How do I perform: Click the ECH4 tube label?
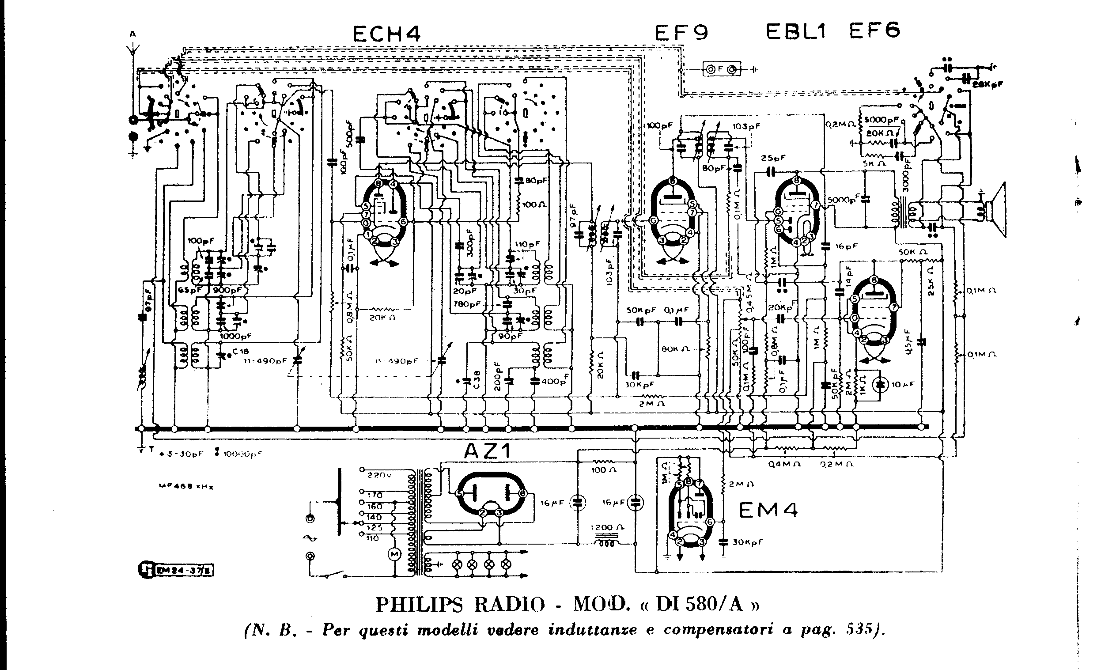tap(386, 34)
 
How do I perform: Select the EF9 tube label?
tap(681, 33)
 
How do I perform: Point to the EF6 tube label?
tap(874, 31)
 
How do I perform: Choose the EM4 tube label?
tap(768, 511)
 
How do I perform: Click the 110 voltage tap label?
tap(373, 538)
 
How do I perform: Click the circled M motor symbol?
tap(394, 554)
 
